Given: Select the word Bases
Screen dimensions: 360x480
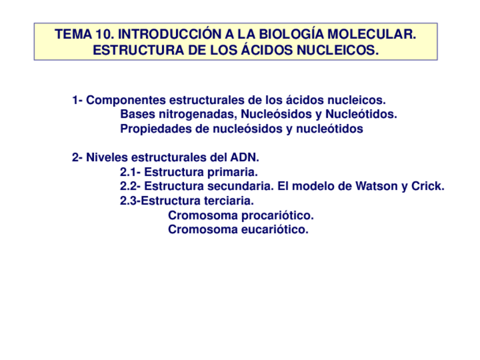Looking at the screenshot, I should click(136, 114).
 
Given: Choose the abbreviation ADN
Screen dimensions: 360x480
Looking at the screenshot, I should click(245, 157).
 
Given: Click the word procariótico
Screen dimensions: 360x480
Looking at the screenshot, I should click(277, 216).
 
